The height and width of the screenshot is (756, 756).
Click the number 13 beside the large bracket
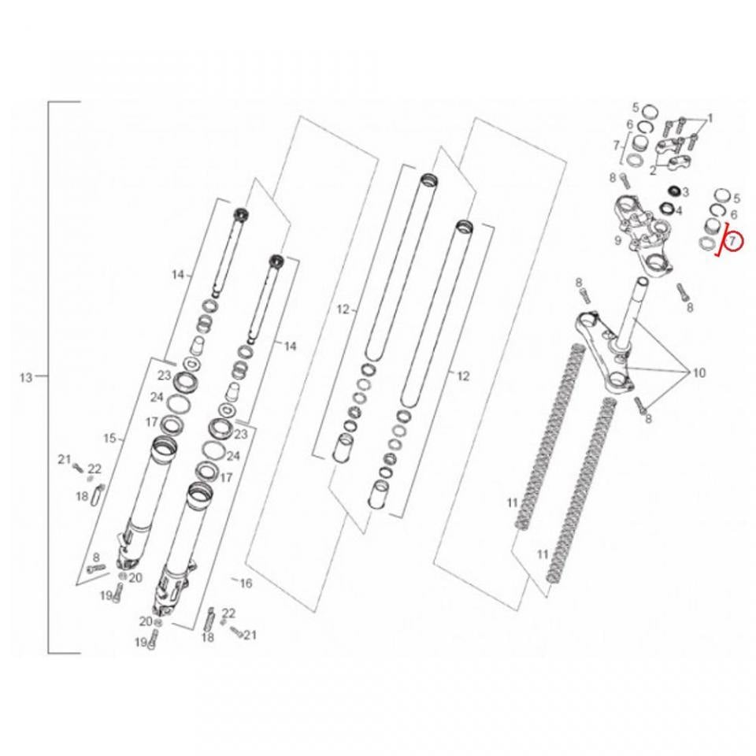26,377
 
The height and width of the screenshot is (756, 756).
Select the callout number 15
110,439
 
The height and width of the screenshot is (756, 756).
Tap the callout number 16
246,584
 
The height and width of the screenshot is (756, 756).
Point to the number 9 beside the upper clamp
617,241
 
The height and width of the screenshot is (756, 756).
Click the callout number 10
699,372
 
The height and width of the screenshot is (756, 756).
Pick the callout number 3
685,192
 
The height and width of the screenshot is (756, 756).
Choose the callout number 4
680,211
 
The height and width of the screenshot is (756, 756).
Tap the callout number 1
710,119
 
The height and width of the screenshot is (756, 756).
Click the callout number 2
653,170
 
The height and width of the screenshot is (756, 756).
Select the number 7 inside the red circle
732,239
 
